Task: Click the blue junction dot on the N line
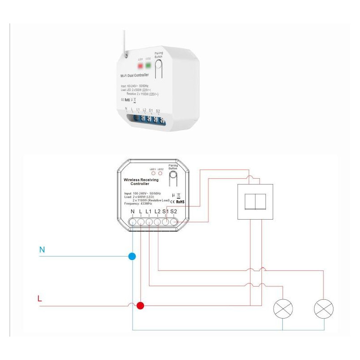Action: [x=132, y=256]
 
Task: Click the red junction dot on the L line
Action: [x=140, y=306]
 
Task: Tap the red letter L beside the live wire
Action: [x=40, y=298]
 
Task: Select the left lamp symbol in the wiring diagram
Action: [x=283, y=309]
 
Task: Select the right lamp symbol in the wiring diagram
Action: [x=324, y=309]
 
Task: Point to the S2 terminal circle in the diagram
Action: [x=174, y=222]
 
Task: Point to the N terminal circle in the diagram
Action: [x=132, y=222]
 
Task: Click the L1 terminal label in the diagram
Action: [x=148, y=212]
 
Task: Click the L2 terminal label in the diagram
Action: [x=157, y=212]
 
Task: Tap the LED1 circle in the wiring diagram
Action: [x=153, y=173]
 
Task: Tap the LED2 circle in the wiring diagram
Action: [x=160, y=173]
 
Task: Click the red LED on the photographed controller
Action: [x=140, y=66]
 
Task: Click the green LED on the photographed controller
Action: [x=148, y=66]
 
